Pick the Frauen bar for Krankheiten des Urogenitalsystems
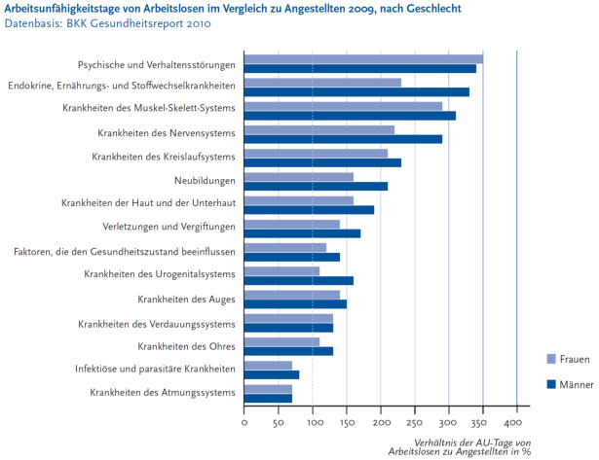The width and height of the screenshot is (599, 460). pyautogui.click(x=281, y=270)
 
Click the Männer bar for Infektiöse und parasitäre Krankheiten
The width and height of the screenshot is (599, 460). pyautogui.click(x=272, y=374)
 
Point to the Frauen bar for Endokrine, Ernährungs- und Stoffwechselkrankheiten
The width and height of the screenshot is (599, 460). pyautogui.click(x=322, y=83)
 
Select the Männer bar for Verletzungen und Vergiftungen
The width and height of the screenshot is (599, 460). pyautogui.click(x=302, y=233)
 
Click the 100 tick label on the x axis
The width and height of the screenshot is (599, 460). pyautogui.click(x=312, y=423)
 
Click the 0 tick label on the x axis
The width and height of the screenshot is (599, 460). pyautogui.click(x=244, y=423)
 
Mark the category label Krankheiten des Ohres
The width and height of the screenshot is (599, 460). pyautogui.click(x=186, y=346)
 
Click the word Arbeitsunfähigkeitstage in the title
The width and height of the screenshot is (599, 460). pyautogui.click(x=64, y=9)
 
